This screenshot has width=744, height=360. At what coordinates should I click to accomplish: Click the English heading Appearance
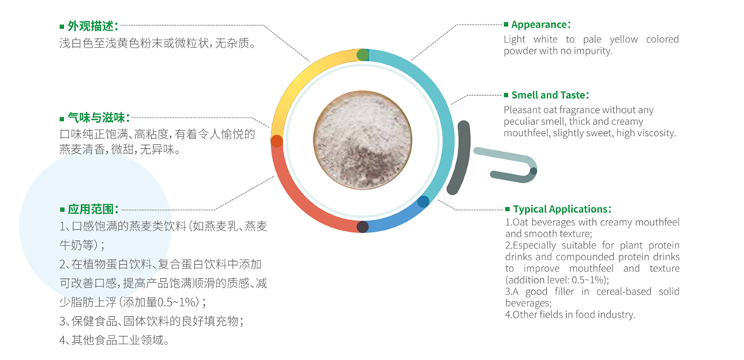[x=539, y=25]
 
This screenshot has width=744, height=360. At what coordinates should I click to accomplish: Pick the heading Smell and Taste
[x=548, y=95]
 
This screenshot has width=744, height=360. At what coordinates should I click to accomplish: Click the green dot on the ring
[x=362, y=54]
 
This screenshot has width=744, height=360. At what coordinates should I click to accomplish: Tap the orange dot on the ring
[x=277, y=141]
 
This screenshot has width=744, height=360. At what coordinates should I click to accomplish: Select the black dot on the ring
[x=362, y=226]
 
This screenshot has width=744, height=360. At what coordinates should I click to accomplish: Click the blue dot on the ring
[x=423, y=202]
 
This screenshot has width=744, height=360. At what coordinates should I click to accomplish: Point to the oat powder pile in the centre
[x=362, y=141]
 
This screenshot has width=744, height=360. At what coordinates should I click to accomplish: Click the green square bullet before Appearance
[x=506, y=25]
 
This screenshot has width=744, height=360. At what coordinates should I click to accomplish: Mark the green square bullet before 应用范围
[x=62, y=209]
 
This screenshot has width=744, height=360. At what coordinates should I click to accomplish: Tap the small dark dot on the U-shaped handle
[x=533, y=171]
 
